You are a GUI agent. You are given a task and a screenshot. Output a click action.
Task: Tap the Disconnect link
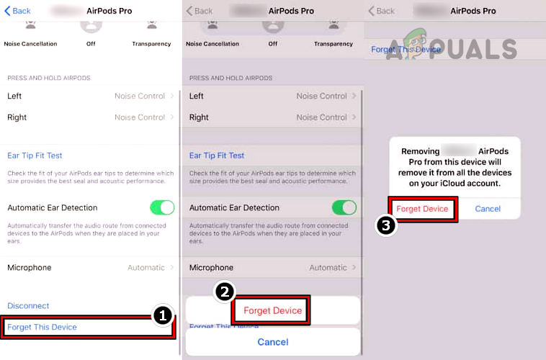(28, 306)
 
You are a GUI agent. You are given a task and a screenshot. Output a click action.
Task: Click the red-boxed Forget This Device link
(42, 327)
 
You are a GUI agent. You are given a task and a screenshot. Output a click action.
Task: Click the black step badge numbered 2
(225, 292)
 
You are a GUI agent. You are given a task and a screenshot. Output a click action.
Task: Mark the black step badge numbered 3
(386, 225)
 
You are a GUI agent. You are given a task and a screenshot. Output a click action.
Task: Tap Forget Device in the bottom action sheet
(272, 310)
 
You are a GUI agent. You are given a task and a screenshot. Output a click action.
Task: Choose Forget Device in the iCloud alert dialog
(422, 209)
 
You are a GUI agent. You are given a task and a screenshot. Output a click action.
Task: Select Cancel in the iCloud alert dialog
(488, 209)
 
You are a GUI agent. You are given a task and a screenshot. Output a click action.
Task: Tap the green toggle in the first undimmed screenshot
(162, 207)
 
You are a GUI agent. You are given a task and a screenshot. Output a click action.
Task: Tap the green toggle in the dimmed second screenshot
(344, 207)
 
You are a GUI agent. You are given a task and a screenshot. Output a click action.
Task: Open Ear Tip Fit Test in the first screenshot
(35, 156)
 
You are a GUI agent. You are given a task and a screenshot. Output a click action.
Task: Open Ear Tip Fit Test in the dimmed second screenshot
(217, 156)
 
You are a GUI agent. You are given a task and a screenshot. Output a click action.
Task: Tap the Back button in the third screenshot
(382, 11)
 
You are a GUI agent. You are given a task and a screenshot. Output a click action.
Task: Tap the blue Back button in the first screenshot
(18, 11)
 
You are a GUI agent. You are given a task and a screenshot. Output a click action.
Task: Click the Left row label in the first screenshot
(14, 96)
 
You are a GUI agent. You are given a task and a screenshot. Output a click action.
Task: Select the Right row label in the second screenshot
(199, 117)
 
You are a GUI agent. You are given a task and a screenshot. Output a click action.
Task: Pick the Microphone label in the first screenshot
(30, 268)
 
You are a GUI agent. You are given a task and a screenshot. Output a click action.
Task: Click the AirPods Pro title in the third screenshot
(473, 11)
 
